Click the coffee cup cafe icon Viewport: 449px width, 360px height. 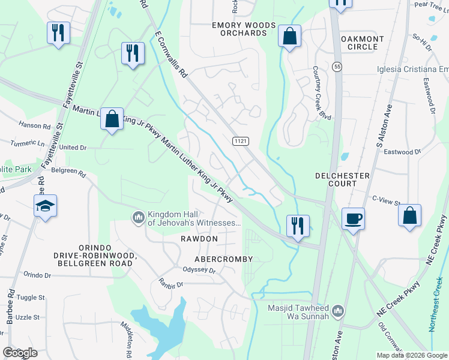coord(354,218)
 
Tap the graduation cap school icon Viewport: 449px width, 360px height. coord(45,206)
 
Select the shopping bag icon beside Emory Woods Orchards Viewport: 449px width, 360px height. coord(289,36)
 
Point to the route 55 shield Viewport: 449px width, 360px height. coord(338,68)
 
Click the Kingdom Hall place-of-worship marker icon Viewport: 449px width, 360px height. coord(138,216)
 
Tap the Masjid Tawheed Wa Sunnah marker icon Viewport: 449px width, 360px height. coord(338,311)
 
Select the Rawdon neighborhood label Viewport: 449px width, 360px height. coord(199,239)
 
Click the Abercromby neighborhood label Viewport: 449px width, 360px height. coord(223,259)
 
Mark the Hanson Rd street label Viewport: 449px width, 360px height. coord(34,126)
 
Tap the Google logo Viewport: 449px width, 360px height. coord(20,353)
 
